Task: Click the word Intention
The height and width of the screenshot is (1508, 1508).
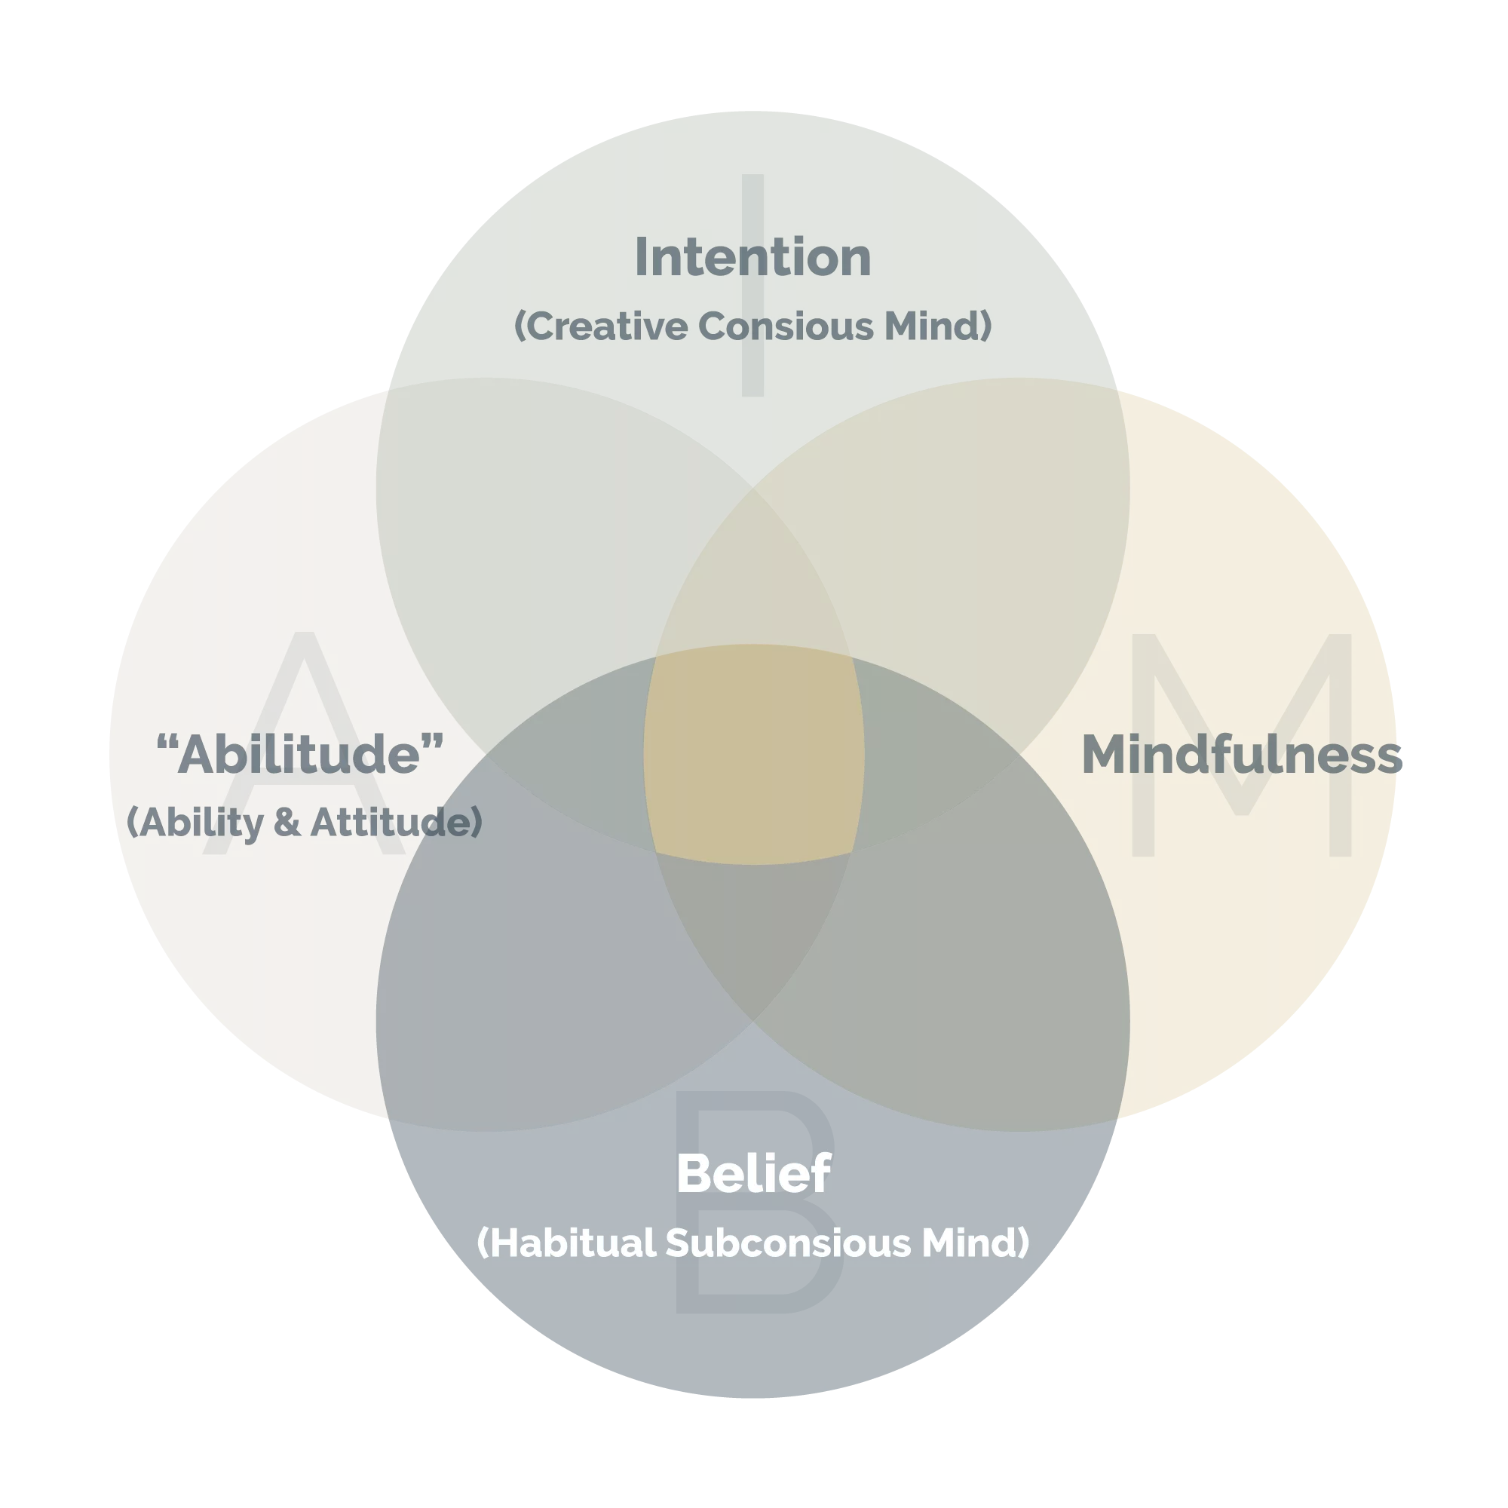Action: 752,257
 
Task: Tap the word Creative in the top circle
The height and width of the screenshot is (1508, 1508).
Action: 601,326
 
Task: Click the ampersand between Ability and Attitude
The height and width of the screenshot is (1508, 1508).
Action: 287,822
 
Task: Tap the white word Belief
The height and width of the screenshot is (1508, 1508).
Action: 753,1173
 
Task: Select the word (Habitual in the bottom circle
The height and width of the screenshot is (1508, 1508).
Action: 567,1243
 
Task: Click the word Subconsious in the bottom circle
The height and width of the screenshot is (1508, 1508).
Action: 788,1243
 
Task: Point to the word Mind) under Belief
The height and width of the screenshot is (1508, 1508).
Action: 976,1243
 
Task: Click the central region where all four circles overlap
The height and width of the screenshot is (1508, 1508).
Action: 753,754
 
